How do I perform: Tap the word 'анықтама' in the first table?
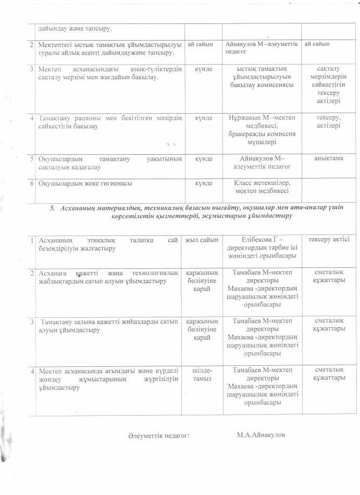pos(328,158)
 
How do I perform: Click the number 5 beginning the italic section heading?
pos(52,208)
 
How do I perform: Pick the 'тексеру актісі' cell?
pos(328,240)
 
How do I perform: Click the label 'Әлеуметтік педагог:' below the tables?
pos(157,435)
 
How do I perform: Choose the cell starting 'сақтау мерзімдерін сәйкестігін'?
pos(328,85)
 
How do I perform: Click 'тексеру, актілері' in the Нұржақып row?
pos(328,122)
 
